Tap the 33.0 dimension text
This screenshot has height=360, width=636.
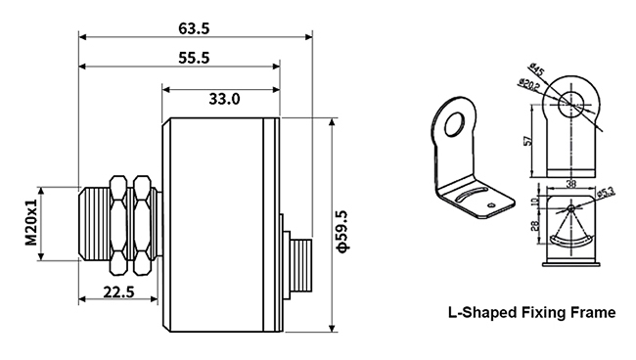(223, 99)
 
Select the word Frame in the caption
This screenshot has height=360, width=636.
(593, 314)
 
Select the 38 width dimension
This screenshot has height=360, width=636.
(568, 183)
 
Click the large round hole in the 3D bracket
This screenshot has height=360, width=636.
(454, 121)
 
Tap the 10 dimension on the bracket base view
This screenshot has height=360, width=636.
(535, 202)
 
